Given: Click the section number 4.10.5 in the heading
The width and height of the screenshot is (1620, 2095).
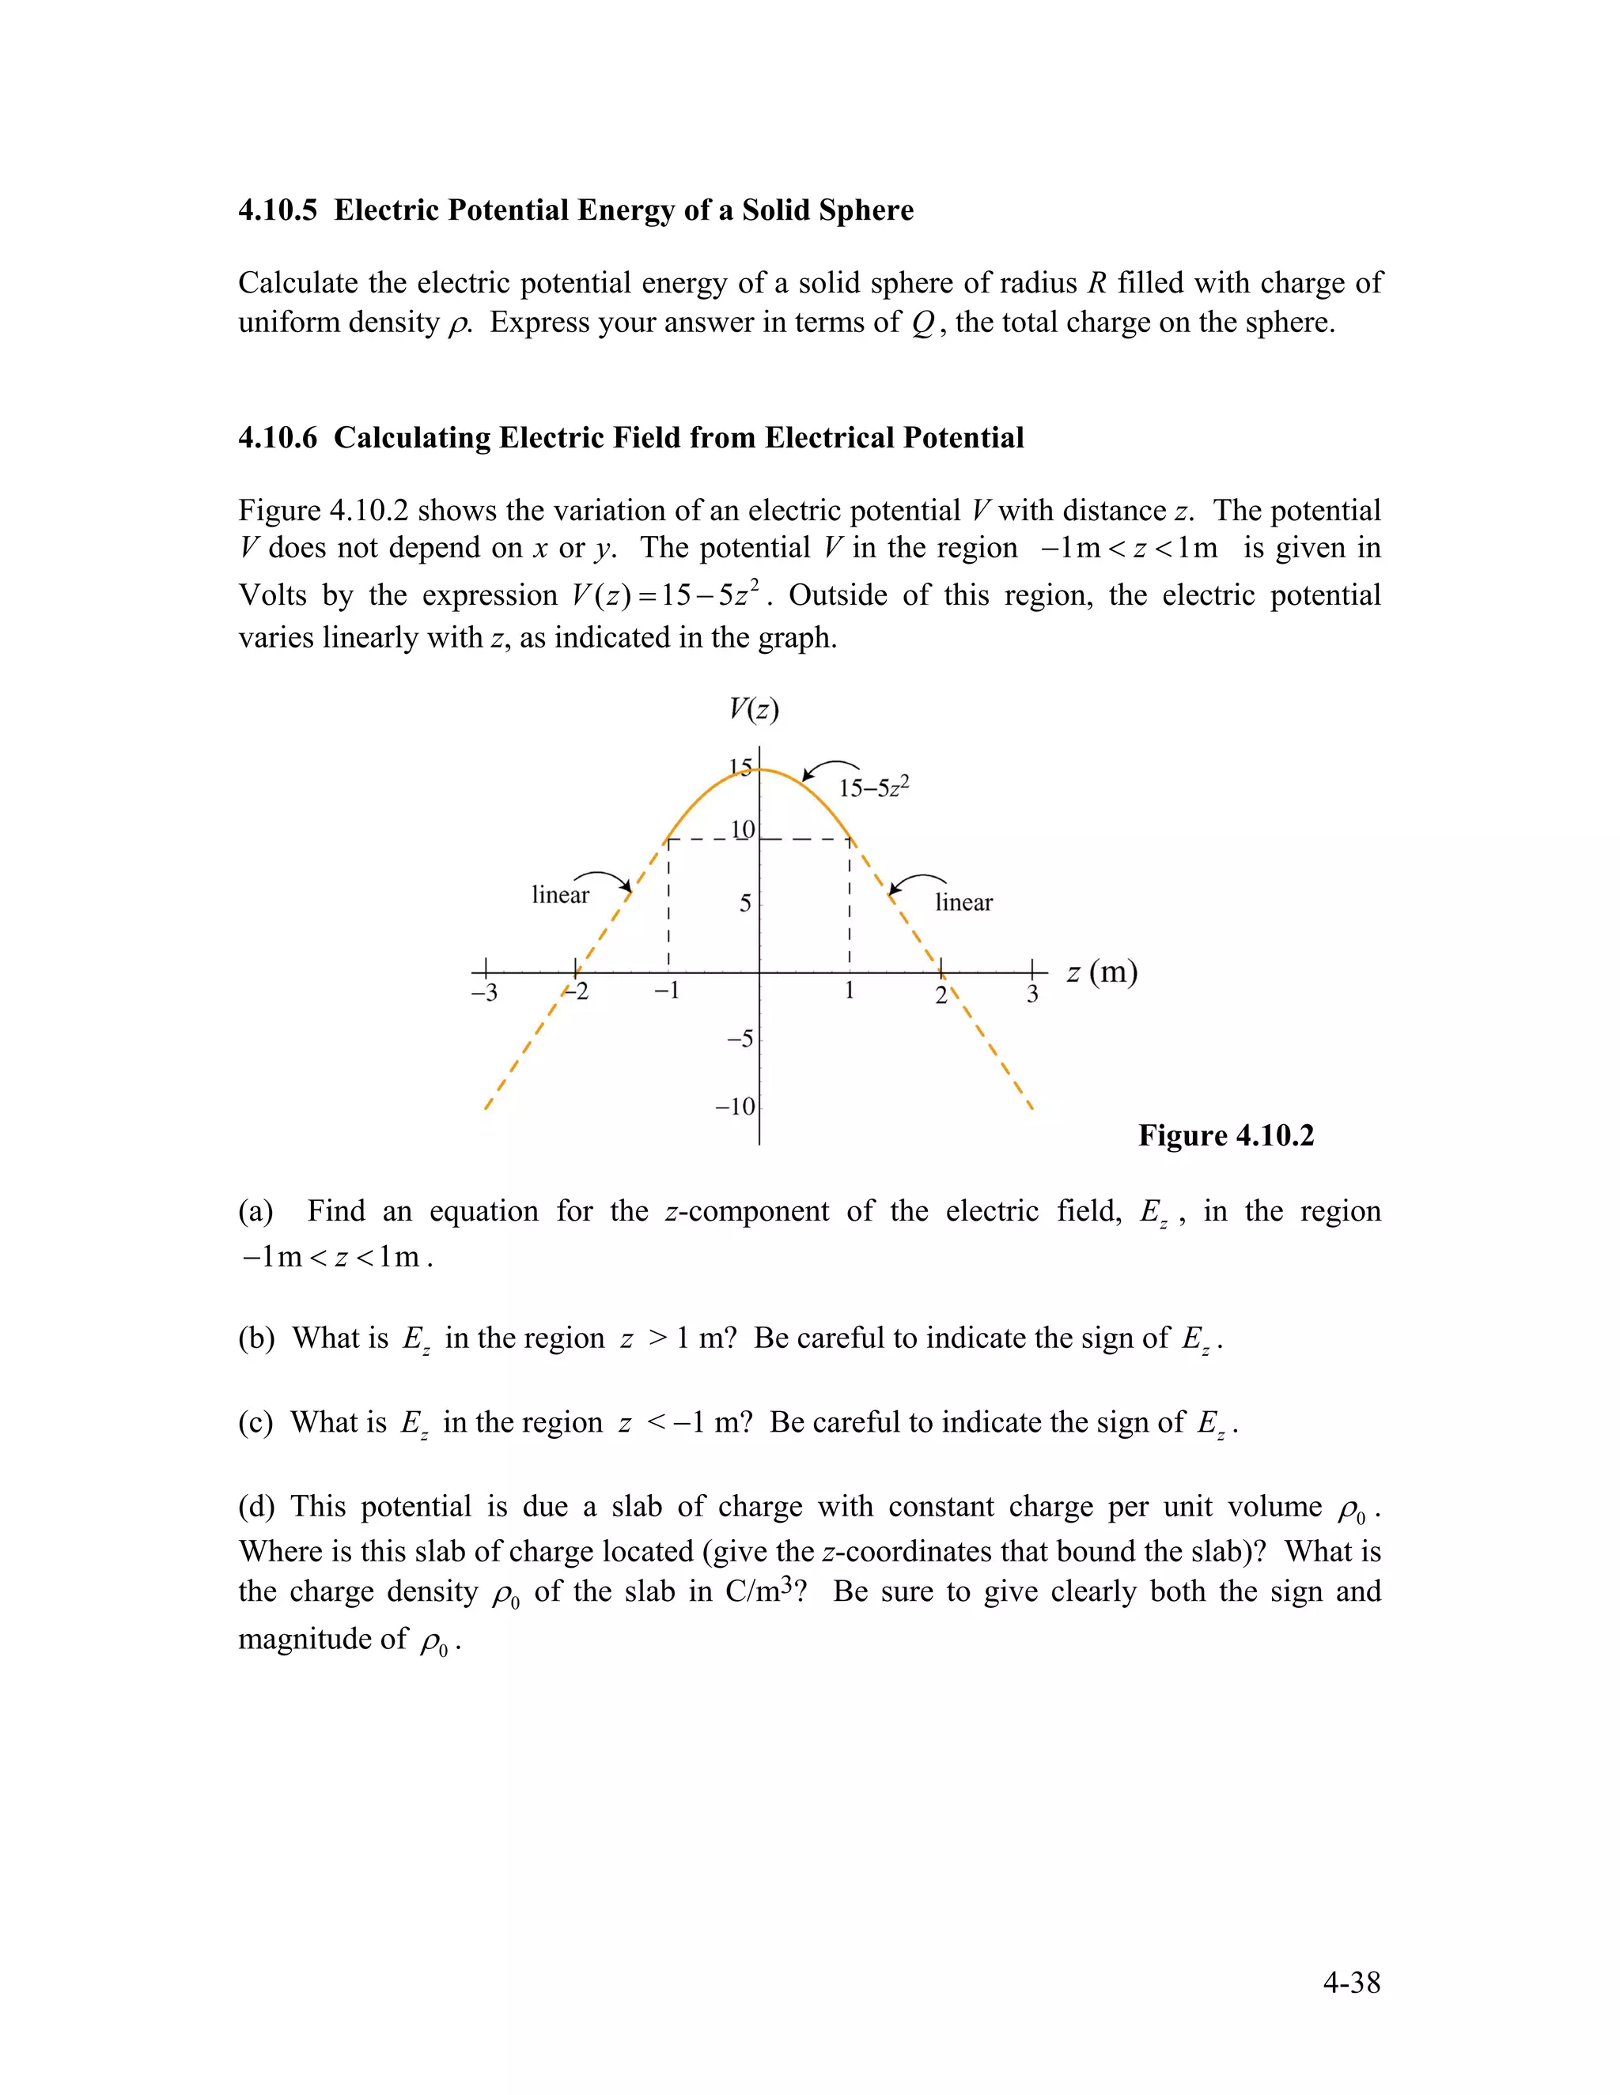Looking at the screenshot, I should click(x=278, y=210).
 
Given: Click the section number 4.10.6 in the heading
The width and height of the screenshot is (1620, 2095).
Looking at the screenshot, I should click(x=278, y=437).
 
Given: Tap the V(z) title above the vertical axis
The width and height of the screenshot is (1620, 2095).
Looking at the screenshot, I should click(x=753, y=710).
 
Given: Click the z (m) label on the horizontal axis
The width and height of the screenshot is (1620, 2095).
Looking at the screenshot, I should click(x=1102, y=972).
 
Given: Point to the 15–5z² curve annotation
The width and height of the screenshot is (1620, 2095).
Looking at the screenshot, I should click(x=873, y=787).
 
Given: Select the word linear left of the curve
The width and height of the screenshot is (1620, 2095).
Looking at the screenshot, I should click(x=561, y=895).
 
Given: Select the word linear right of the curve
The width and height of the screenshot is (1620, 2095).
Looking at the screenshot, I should click(x=963, y=903).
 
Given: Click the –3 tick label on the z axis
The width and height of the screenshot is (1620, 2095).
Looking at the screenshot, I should click(x=483, y=993).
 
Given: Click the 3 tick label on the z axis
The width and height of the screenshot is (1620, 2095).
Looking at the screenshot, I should click(x=1032, y=994).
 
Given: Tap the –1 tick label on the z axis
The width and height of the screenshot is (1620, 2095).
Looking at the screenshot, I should click(x=666, y=991).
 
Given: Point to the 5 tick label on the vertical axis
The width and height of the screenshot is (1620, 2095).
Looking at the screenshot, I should click(x=744, y=904).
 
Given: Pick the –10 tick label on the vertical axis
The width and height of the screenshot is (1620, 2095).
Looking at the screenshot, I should click(x=735, y=1107).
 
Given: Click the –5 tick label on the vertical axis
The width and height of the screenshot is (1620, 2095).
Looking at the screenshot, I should click(x=739, y=1039).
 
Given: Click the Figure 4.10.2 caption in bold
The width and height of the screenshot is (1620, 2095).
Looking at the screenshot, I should click(x=1225, y=1136).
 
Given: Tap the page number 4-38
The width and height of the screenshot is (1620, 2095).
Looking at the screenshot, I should click(x=1351, y=1983).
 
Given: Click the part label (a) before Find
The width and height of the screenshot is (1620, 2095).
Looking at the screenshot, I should click(x=255, y=1211).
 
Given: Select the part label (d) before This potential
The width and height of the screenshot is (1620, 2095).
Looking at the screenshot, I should click(x=255, y=1507).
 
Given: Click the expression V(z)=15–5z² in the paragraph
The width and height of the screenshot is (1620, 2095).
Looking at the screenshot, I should click(x=670, y=596).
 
